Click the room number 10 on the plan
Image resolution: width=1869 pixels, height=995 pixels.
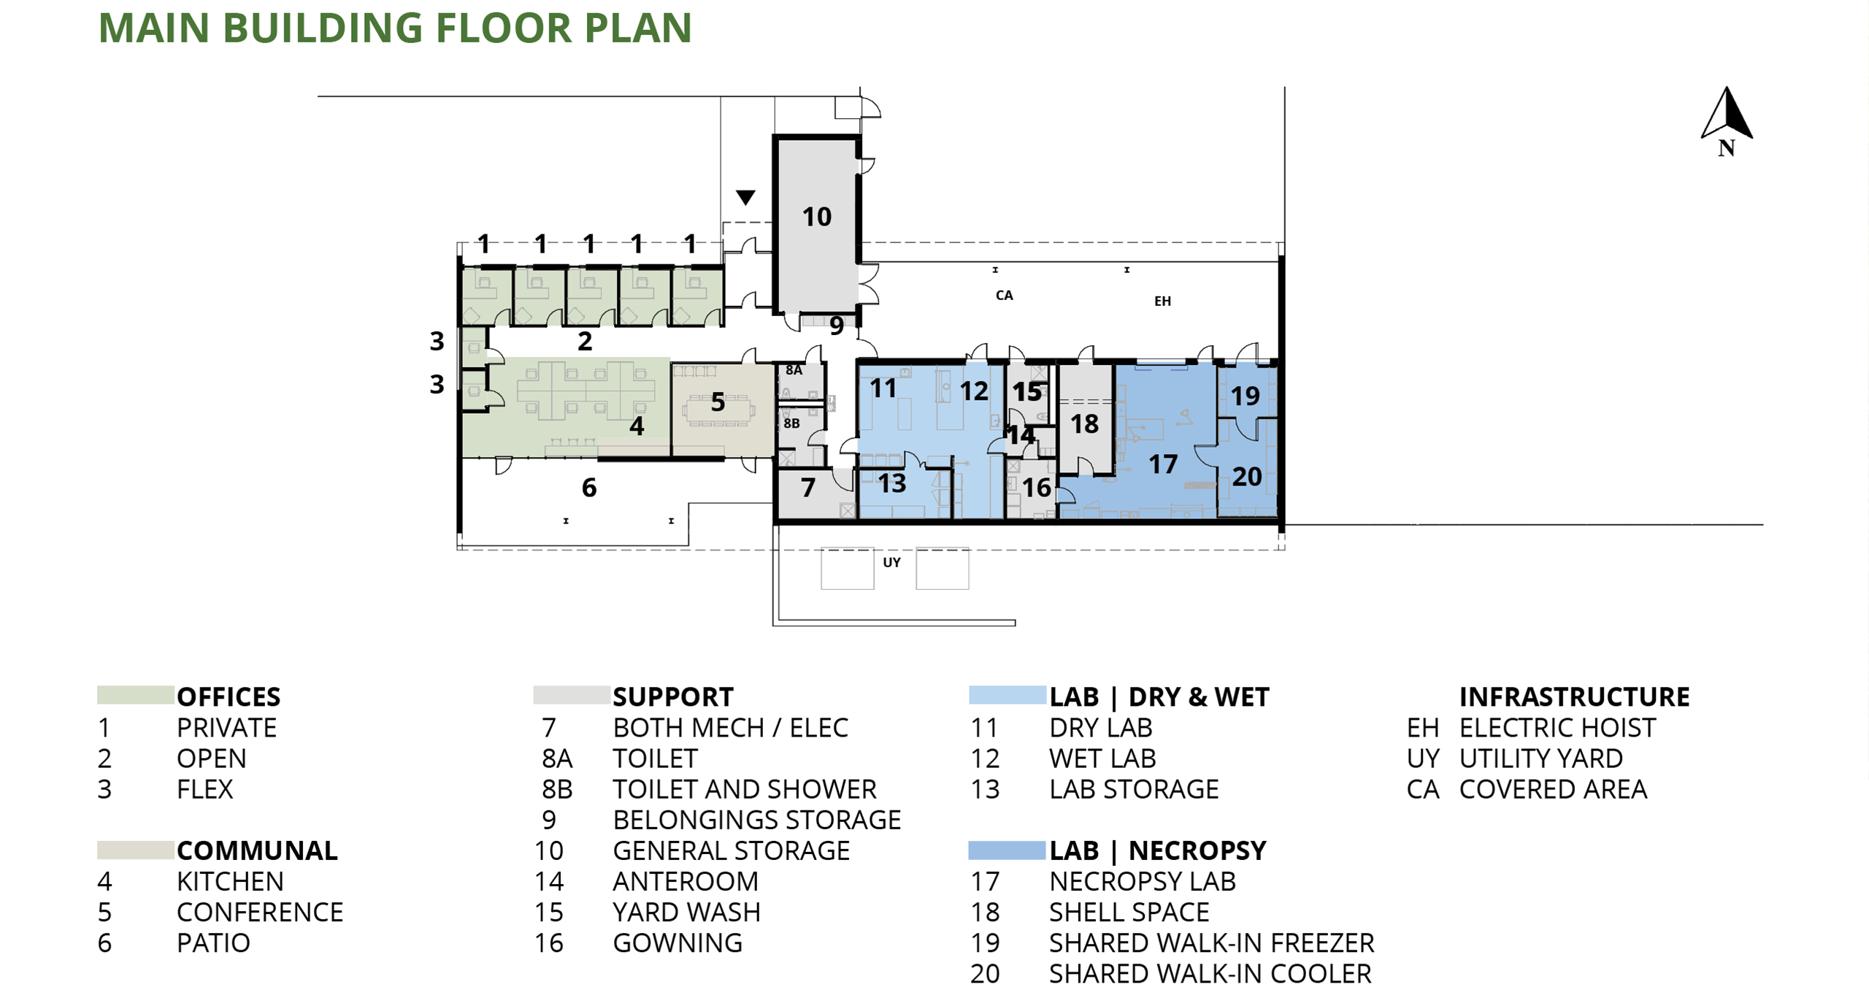click(816, 217)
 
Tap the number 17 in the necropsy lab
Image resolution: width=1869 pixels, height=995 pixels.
click(1162, 464)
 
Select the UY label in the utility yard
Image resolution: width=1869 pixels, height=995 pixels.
click(891, 562)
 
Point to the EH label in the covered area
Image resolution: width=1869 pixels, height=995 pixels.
click(1162, 301)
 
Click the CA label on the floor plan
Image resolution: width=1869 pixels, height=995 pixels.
click(1004, 295)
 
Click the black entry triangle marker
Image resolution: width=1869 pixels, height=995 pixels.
click(745, 197)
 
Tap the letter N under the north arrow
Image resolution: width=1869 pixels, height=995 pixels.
click(1726, 148)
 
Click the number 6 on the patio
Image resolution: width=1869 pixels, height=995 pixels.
click(589, 488)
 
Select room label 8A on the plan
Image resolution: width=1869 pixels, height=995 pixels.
click(794, 370)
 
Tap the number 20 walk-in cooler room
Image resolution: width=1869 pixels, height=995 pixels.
click(1247, 477)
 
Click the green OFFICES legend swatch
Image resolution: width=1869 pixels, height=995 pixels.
click(135, 695)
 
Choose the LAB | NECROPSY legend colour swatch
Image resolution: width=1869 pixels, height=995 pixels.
click(1007, 850)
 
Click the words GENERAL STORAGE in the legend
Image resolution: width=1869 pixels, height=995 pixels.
click(731, 851)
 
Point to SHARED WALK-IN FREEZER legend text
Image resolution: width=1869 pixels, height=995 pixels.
click(1211, 943)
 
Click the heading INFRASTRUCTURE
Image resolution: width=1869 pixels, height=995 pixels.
click(1574, 696)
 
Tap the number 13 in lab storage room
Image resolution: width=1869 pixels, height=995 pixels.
click(891, 483)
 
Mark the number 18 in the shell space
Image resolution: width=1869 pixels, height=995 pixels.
click(1084, 424)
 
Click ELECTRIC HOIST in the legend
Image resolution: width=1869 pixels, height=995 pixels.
click(1557, 728)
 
